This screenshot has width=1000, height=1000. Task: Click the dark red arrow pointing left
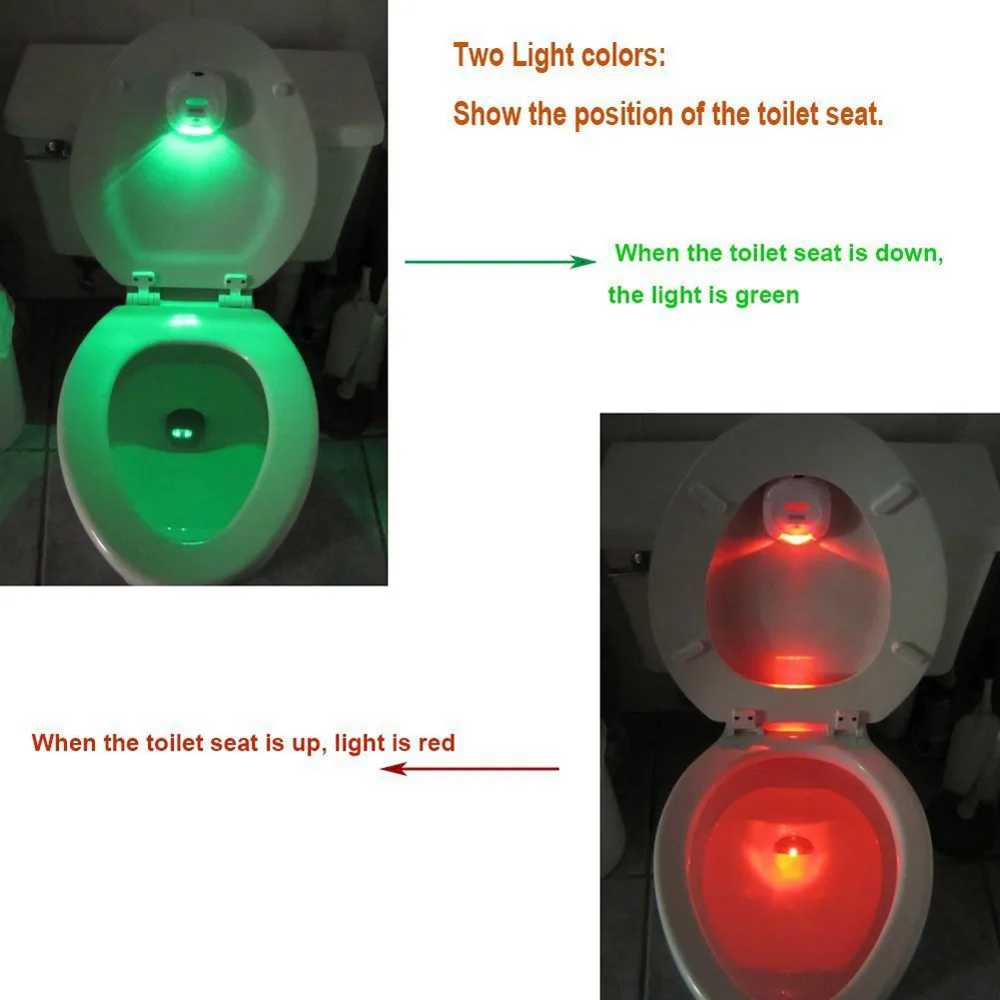(x=470, y=768)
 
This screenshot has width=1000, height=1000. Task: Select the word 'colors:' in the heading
(x=622, y=56)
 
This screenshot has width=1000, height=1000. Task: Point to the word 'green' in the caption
(x=762, y=296)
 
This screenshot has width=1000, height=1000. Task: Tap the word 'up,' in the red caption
(x=304, y=743)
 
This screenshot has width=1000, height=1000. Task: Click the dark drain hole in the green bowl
(x=184, y=429)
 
